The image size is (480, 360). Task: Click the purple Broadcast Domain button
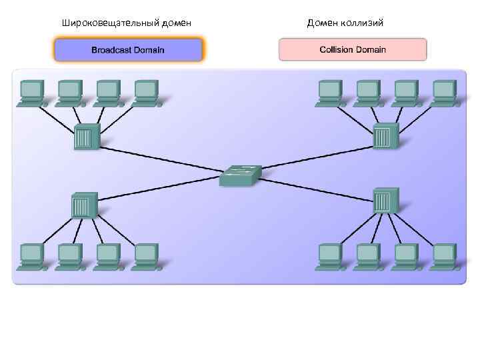[128, 50]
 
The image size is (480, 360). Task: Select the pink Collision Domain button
[353, 50]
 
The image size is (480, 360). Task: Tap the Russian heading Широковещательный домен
[127, 23]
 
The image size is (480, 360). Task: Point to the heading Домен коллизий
[345, 23]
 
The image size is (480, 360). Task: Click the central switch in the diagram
[240, 175]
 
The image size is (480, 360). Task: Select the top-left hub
[86, 137]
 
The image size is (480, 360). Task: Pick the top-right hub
[384, 136]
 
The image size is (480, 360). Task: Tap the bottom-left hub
[83, 205]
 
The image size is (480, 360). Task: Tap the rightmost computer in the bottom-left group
[145, 255]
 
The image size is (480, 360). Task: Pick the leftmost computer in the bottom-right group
[330, 255]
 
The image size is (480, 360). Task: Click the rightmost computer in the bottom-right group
[444, 255]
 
